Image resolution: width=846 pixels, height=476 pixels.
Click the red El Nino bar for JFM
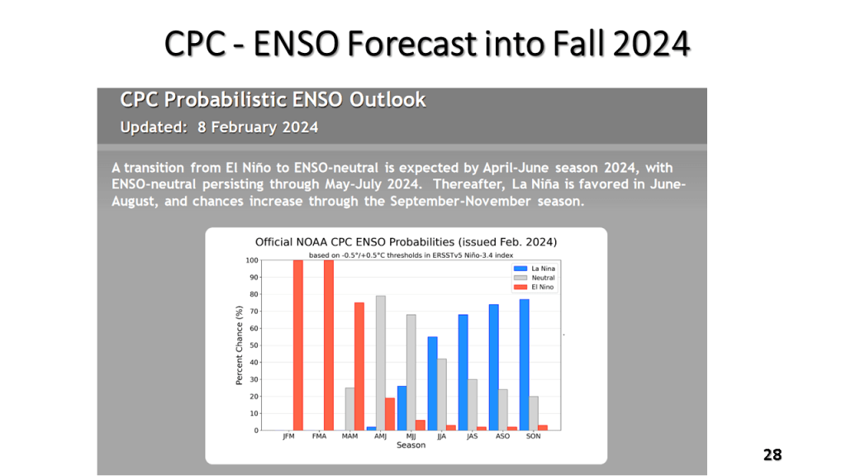[x=298, y=345]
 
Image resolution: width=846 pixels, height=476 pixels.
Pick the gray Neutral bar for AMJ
[x=381, y=363]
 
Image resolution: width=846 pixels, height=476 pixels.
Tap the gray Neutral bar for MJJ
[x=411, y=372]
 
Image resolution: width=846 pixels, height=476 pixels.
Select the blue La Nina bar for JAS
[x=463, y=372]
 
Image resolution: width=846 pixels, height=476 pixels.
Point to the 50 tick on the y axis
[x=253, y=345]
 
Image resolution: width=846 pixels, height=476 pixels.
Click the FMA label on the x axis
[x=319, y=436]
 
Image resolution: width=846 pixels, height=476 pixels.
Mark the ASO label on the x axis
[x=502, y=436]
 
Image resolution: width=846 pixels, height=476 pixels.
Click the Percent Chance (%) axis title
[x=240, y=345]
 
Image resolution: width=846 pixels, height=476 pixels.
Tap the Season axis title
[x=411, y=445]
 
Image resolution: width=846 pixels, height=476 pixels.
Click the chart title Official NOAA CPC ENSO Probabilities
[x=406, y=242]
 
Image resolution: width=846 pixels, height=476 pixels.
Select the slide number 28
[x=772, y=455]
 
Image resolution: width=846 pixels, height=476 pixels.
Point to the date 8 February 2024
[x=257, y=127]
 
